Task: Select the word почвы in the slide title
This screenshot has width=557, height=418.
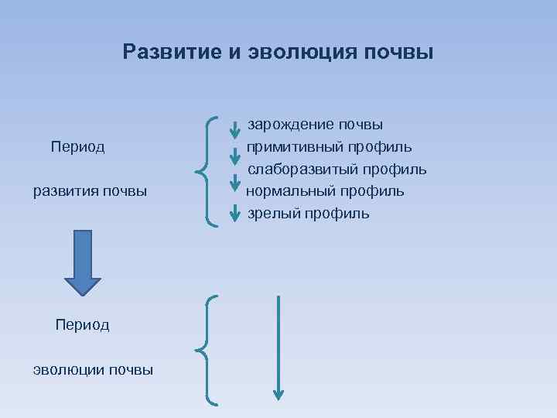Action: coord(400,52)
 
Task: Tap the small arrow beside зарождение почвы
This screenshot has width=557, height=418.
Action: coord(235,129)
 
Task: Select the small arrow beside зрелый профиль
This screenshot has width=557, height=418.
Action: coord(235,211)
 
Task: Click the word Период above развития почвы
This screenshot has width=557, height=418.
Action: coord(77,146)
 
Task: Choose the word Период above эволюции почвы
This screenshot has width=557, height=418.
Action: coord(82,324)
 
